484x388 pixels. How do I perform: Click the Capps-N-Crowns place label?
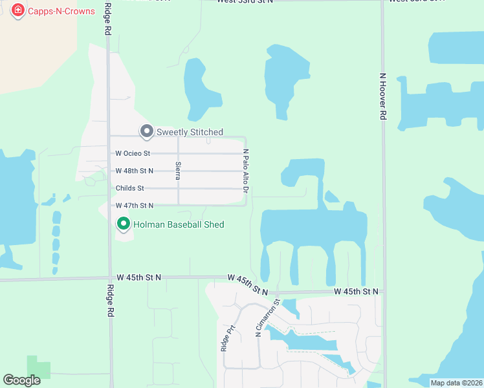coord(61,11)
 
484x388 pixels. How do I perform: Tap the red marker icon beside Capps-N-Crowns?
coord(18,11)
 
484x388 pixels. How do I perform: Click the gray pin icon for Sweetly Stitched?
coord(147,132)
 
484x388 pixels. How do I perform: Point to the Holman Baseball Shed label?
coord(179,224)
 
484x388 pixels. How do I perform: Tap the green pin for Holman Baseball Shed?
coord(124,224)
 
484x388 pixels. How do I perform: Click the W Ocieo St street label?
coord(133,154)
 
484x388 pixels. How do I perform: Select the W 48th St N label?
coord(135,171)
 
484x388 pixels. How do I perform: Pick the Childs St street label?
coord(130,188)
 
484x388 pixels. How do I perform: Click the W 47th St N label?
coord(135,206)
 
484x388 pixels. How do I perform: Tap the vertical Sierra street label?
coord(177,170)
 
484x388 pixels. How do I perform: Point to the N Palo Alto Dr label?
coord(246,171)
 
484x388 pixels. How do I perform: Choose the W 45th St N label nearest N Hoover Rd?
coord(356,292)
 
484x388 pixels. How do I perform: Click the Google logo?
coord(21,380)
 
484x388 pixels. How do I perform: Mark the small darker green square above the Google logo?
coord(38,367)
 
